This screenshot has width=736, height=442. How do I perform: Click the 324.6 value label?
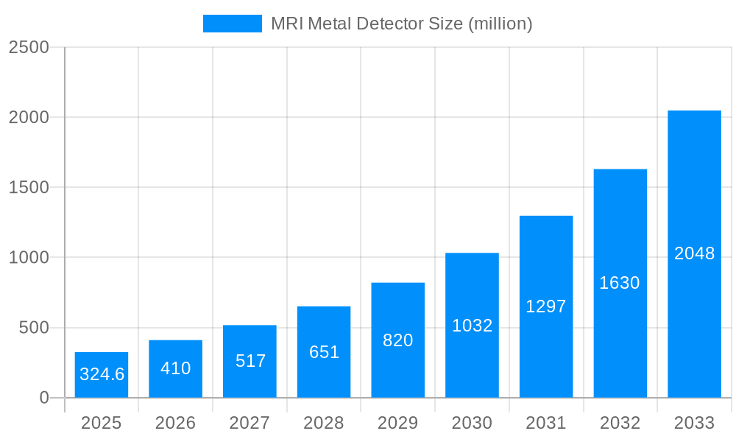102,374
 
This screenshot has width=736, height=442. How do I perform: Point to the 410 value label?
176,368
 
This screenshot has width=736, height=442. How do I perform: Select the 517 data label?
250,361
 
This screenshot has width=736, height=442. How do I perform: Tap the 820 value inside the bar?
398,340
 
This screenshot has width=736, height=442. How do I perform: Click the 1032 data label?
472,326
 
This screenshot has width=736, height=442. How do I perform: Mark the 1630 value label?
620,283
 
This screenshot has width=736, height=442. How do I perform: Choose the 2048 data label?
694,253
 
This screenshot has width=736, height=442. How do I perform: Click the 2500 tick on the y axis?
29,47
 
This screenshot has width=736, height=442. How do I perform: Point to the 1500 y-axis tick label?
29,187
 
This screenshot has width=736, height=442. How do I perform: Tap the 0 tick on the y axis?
43,398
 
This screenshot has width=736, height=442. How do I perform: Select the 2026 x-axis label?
176,423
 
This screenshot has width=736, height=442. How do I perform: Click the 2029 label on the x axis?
398,423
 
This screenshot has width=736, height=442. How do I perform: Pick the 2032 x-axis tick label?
620,423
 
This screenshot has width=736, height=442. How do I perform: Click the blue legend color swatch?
232,24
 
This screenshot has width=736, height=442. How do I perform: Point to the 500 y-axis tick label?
33,328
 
